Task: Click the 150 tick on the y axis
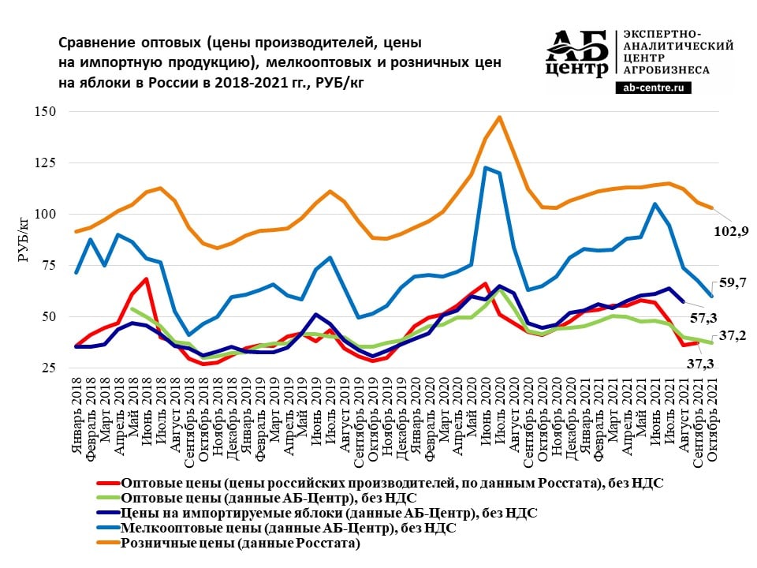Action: [x=45, y=112]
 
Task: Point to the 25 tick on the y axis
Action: [x=48, y=368]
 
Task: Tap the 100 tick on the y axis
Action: [x=45, y=215]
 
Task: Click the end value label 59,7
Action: [x=730, y=282]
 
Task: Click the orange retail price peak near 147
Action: [x=499, y=118]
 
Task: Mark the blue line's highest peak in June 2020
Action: [x=485, y=167]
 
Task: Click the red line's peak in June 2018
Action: [x=147, y=279]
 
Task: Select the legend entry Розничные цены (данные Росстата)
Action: [x=241, y=544]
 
